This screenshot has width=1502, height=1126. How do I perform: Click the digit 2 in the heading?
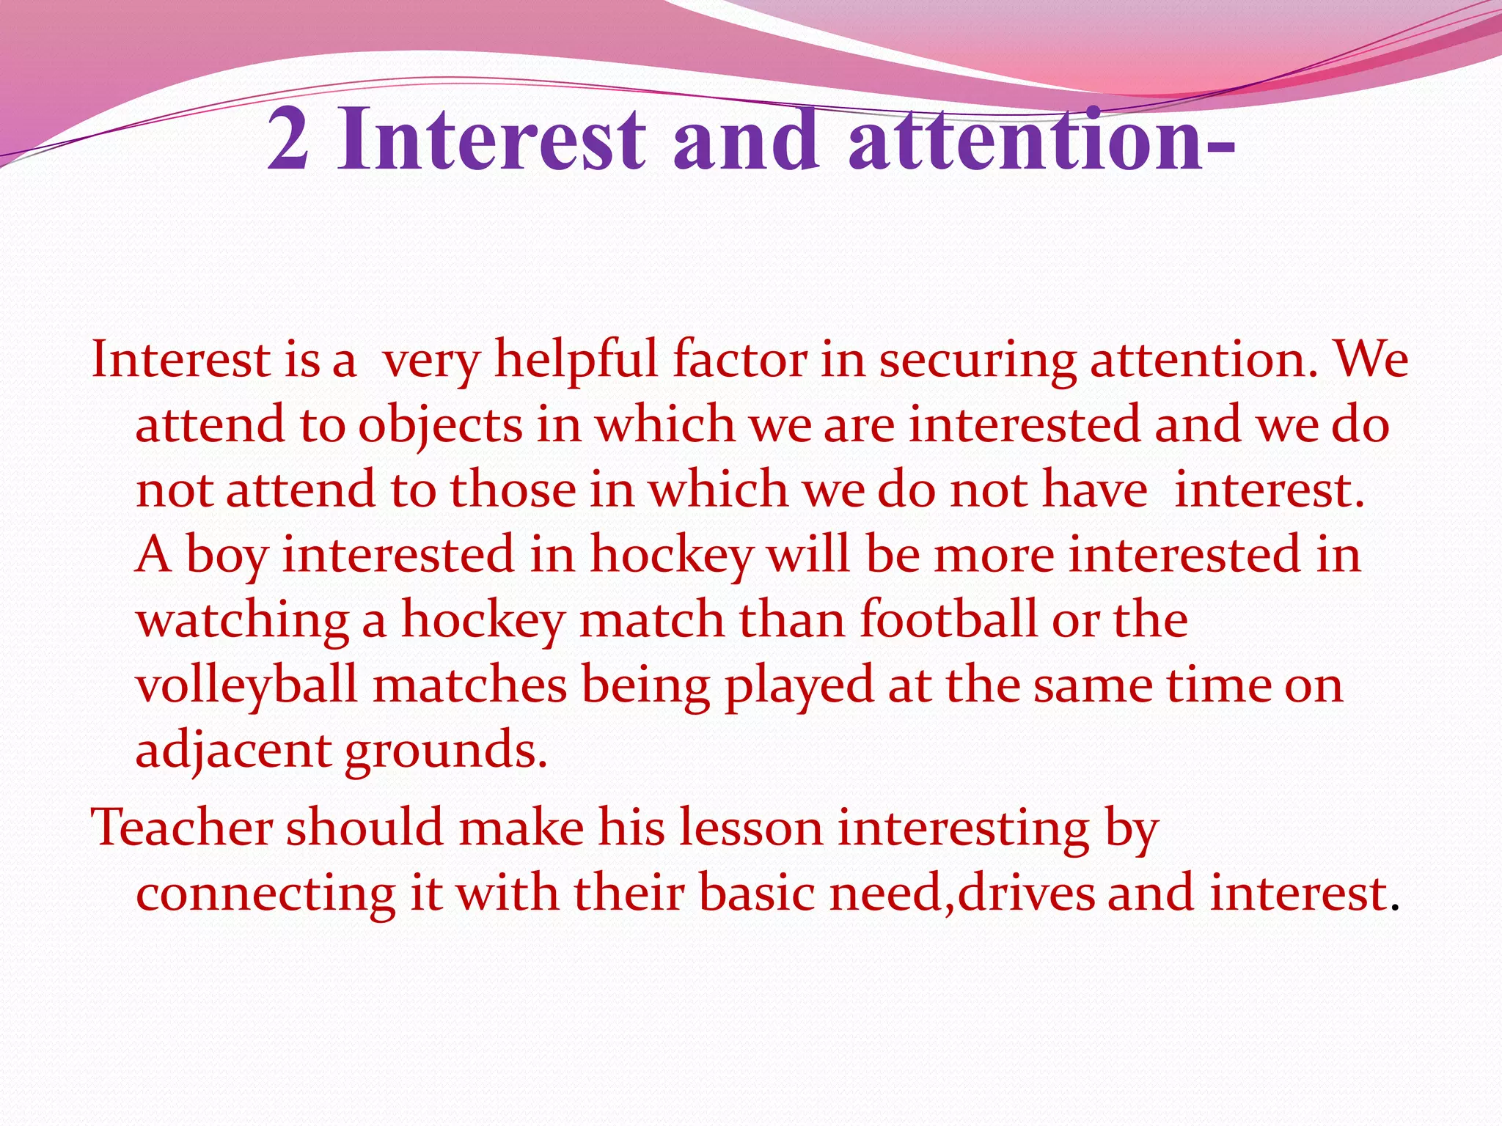[x=287, y=139]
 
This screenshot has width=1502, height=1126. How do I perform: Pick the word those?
[x=513, y=490]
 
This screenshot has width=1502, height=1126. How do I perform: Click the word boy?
[x=227, y=556]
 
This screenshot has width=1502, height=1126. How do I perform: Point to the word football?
[x=948, y=619]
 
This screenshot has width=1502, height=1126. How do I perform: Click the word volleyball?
[x=246, y=686]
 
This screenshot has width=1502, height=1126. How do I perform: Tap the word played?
[x=799, y=686]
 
